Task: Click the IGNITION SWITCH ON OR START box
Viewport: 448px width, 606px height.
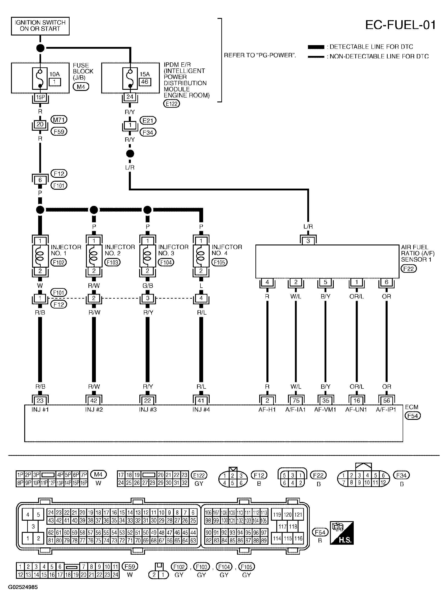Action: point(40,26)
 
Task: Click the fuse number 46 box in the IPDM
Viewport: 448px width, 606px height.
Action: point(145,82)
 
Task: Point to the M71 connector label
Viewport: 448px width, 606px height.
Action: point(59,120)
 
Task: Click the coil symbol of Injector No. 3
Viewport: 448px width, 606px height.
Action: point(147,256)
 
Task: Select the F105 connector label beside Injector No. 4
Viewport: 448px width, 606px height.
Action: point(219,262)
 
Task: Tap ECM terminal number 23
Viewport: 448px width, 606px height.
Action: point(40,401)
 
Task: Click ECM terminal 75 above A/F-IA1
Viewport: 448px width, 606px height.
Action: point(296,401)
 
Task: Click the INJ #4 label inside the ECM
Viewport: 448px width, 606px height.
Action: point(201,410)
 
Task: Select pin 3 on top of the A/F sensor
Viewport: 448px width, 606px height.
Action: point(308,241)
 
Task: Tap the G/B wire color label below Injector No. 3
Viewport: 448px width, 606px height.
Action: point(148,286)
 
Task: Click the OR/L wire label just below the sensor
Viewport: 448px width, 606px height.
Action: point(356,297)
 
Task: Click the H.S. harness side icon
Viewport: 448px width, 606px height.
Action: point(341,533)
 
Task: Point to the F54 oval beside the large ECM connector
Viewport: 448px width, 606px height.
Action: point(320,532)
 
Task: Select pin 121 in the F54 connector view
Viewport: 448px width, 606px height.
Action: point(298,515)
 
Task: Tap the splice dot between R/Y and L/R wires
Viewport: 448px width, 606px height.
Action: point(130,154)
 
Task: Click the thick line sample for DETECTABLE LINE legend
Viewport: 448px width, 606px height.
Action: point(316,47)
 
